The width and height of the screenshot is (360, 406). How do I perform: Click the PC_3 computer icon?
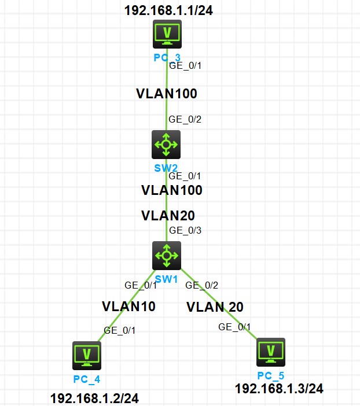coord(167,34)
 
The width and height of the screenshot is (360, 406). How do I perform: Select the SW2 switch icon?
coord(166,144)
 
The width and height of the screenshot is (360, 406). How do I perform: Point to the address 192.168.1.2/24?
coord(95,398)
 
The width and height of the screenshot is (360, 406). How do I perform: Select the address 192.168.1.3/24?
coord(279,388)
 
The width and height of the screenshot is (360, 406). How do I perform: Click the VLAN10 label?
coord(128,306)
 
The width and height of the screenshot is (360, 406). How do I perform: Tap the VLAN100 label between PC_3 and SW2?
coord(167,93)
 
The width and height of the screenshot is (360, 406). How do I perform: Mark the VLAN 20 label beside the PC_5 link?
coord(215,307)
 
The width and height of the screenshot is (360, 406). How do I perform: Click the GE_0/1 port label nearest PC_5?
coord(234,327)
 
